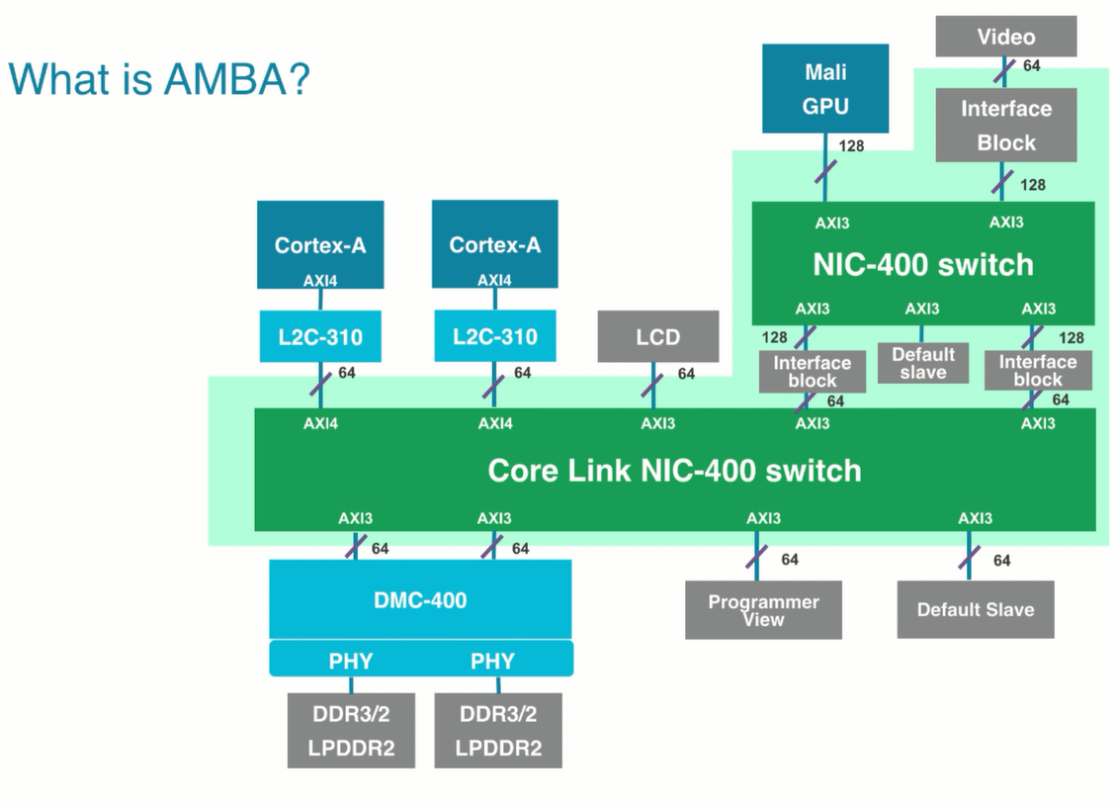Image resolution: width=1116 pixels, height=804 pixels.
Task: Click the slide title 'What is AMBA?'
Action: (158, 79)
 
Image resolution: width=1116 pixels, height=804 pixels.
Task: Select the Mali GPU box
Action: (824, 88)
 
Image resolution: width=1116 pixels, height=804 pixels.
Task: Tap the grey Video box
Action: (1005, 37)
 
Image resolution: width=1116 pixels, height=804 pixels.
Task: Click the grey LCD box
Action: (657, 337)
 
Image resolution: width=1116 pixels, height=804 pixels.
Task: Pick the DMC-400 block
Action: (421, 598)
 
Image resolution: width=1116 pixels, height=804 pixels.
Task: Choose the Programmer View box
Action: (763, 610)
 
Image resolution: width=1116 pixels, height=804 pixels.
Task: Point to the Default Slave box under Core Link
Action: (975, 609)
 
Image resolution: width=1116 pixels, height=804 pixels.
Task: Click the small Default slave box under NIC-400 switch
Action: (922, 363)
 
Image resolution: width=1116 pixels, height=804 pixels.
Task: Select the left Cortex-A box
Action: (319, 244)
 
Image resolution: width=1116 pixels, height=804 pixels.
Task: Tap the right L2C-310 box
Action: (494, 337)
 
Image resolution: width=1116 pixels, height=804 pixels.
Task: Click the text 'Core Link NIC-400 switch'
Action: (674, 470)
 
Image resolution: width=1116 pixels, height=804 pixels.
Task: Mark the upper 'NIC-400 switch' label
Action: (922, 264)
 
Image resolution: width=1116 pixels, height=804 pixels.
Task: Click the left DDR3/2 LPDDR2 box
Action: (350, 730)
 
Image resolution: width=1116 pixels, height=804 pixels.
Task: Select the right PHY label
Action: (492, 661)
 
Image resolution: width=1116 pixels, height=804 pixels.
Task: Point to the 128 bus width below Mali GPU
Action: (850, 146)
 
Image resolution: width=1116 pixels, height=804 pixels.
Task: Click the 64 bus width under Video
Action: (1031, 65)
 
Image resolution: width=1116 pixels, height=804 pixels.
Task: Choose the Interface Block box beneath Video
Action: (1005, 125)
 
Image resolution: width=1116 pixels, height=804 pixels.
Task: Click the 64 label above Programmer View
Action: (789, 560)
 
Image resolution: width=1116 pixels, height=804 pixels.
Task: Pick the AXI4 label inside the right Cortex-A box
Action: (494, 281)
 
